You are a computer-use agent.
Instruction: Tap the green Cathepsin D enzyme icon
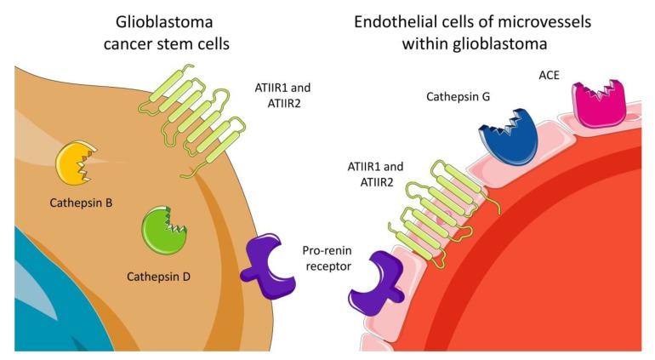click(x=164, y=230)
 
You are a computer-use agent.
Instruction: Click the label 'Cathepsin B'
click(x=82, y=205)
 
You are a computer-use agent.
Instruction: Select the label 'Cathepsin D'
click(x=160, y=277)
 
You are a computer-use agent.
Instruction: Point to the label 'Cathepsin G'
click(x=458, y=97)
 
